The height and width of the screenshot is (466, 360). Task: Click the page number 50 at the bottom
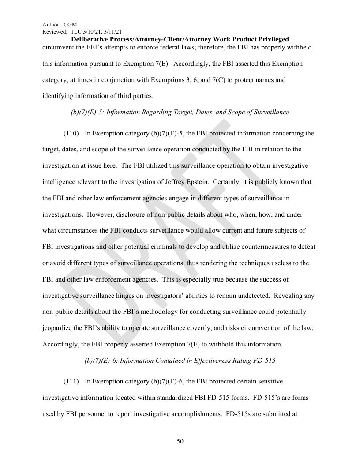(x=180, y=441)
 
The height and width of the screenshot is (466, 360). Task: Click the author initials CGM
(x=71, y=25)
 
